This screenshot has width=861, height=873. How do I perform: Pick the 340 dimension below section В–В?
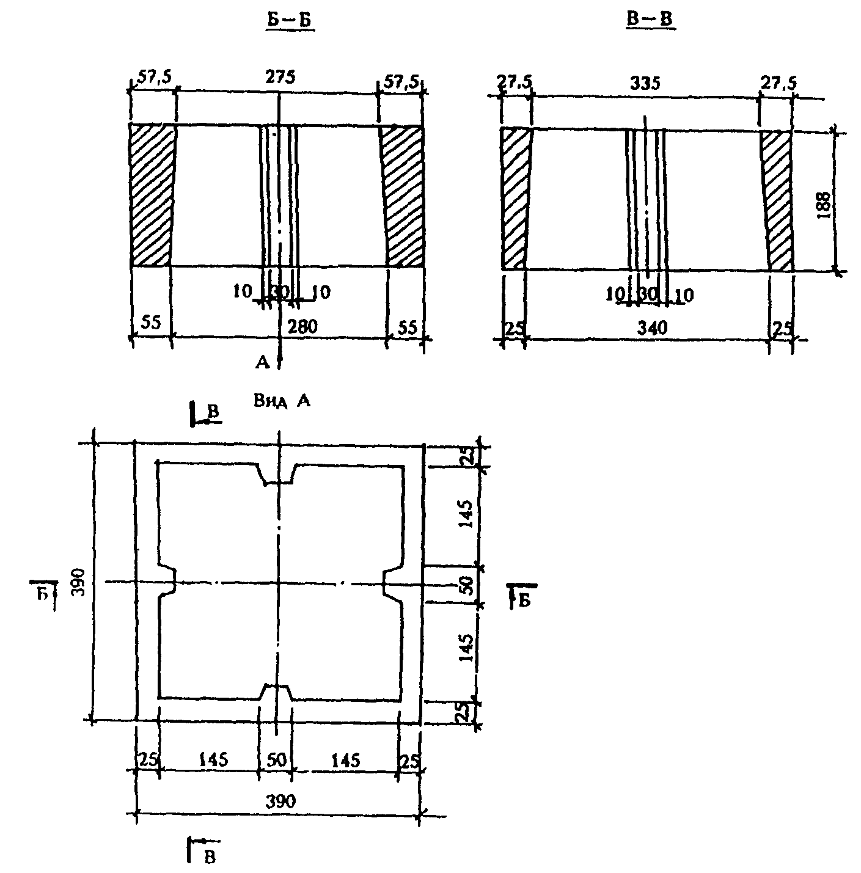652,328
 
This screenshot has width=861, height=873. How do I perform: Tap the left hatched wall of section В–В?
515,199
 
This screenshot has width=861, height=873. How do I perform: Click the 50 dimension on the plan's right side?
466,585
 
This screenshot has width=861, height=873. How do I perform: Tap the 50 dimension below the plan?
276,761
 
